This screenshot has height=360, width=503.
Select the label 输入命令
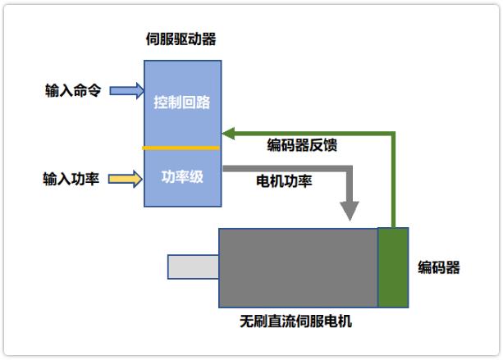click(73, 90)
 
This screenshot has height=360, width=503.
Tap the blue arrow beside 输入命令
click(127, 90)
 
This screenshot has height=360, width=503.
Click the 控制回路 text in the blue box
click(181, 103)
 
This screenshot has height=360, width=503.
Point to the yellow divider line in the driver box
click(181, 148)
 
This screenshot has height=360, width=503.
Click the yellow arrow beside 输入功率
click(127, 178)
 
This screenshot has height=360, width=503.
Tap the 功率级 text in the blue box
click(181, 177)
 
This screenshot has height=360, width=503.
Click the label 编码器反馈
click(302, 146)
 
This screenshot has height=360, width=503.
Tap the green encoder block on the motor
click(392, 267)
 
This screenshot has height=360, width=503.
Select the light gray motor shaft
click(193, 267)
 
